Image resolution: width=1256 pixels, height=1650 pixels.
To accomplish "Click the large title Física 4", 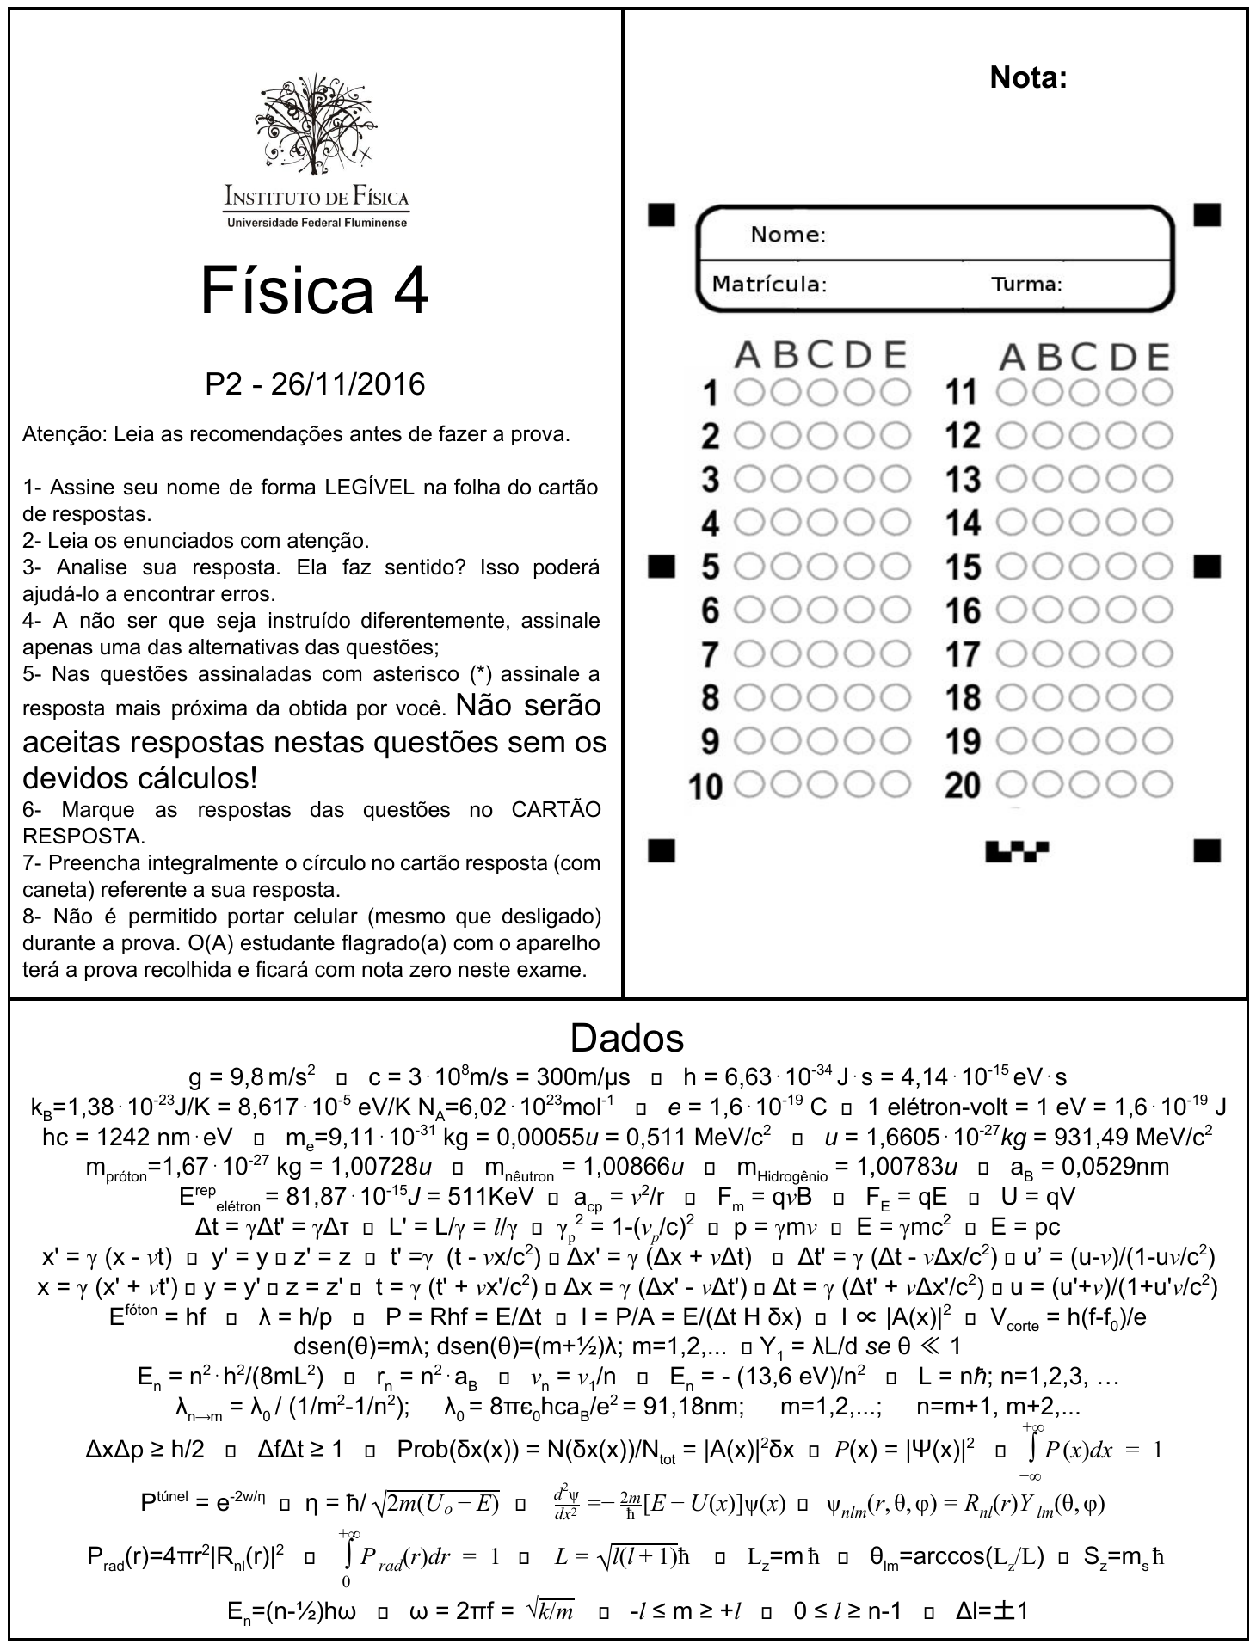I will tap(314, 291).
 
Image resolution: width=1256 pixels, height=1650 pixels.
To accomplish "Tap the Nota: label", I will tap(1028, 77).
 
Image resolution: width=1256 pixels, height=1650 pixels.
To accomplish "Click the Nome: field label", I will tap(788, 235).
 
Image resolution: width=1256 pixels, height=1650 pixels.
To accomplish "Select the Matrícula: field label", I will tap(769, 284).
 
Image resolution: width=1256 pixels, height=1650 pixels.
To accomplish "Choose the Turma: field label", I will tap(1026, 284).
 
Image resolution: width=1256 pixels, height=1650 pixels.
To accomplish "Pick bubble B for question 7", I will tap(785, 654).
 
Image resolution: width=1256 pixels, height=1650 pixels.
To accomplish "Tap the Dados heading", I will tap(627, 1038).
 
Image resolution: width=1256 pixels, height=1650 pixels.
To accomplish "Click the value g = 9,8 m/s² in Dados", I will tap(251, 1076).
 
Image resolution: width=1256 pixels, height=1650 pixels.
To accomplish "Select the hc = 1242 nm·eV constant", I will tap(137, 1137).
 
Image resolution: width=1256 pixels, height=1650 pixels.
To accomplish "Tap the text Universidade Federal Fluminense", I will tap(316, 223).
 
